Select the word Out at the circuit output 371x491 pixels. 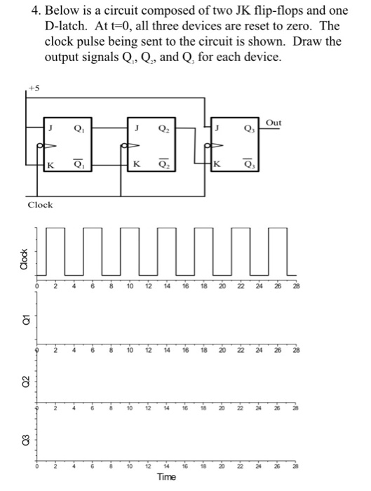pyautogui.click(x=274, y=122)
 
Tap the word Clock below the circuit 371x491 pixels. pyautogui.click(x=39, y=204)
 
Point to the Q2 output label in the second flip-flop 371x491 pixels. pyautogui.click(x=163, y=128)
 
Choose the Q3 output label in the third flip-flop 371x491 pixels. pyautogui.click(x=248, y=128)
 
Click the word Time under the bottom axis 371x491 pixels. pyautogui.click(x=166, y=477)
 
